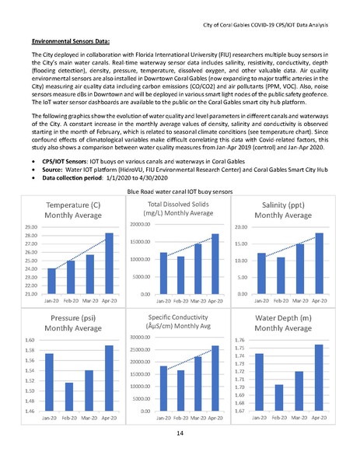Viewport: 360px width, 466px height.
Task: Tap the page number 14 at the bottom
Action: [x=180, y=433]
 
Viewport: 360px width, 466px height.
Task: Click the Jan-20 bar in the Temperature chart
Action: [x=52, y=281]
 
